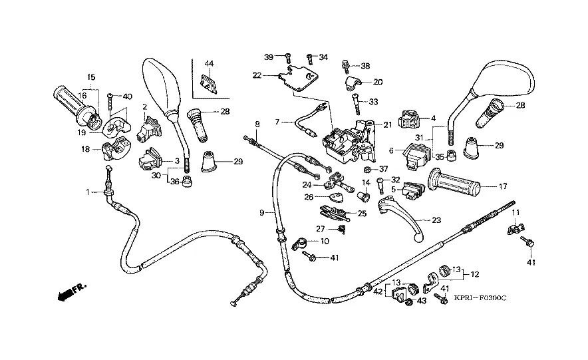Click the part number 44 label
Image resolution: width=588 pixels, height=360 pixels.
[209, 64]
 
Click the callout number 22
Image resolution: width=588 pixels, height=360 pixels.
[257, 75]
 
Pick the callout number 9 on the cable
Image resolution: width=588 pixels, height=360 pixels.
[263, 212]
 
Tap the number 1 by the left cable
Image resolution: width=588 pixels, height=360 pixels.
[87, 192]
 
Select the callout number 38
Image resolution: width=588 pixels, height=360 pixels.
[365, 66]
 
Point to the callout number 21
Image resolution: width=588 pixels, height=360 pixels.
[388, 124]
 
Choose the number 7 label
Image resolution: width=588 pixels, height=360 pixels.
[277, 122]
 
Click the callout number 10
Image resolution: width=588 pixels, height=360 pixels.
[325, 240]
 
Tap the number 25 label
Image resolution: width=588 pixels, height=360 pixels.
[362, 214]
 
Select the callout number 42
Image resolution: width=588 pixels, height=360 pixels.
[378, 291]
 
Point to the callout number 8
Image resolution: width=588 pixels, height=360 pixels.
[257, 124]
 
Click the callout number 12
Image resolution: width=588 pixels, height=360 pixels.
[475, 273]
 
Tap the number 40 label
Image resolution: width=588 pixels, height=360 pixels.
[127, 96]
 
